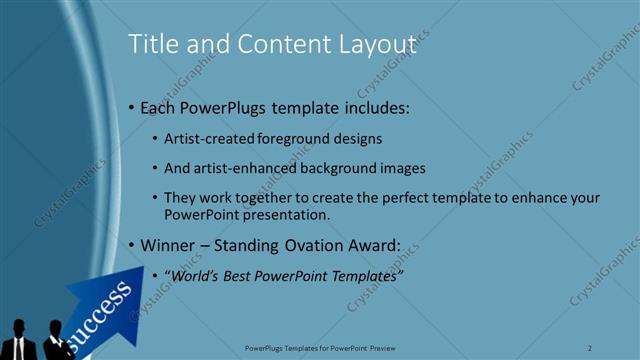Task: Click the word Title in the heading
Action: (152, 44)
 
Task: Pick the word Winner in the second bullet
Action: (171, 244)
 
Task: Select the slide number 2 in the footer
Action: (590, 347)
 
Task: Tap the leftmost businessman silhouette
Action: (20, 341)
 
